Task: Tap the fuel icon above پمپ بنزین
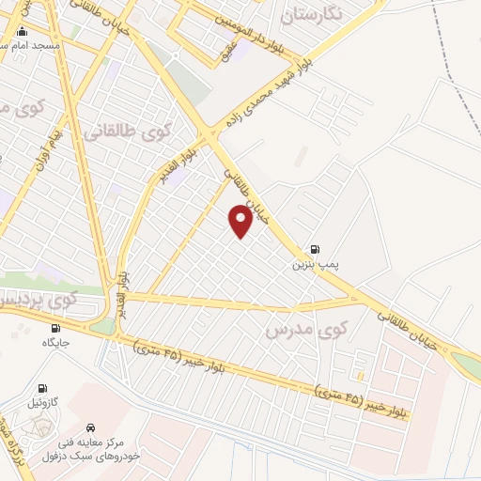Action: coord(314,250)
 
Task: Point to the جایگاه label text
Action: coord(56,344)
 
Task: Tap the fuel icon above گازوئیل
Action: coord(42,388)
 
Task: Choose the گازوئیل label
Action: coord(46,403)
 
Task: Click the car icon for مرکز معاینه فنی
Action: coord(90,425)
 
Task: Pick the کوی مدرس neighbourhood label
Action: coord(306,330)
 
